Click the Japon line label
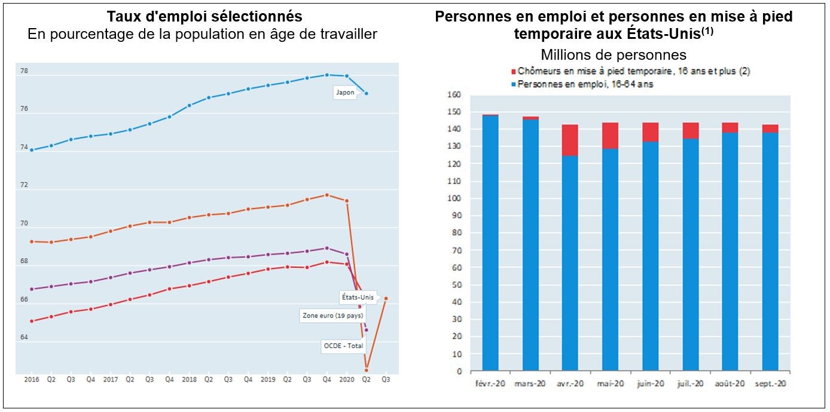344,93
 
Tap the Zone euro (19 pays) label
332,316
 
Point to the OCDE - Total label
343,346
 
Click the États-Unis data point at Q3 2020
386,298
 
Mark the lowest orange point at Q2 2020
366,370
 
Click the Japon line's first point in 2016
31,150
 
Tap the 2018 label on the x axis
189,379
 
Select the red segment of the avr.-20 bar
570,140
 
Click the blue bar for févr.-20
490,243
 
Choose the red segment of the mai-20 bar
610,136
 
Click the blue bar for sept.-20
770,251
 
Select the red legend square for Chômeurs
514,72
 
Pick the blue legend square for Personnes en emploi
514,84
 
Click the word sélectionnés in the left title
253,16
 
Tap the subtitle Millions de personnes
614,55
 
